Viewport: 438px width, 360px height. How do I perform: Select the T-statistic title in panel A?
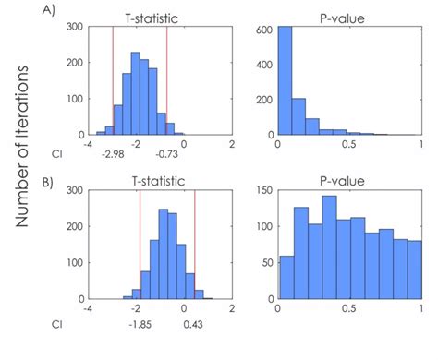pyautogui.click(x=149, y=17)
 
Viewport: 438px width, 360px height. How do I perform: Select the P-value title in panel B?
pyautogui.click(x=348, y=182)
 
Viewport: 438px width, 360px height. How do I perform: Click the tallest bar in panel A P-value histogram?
pyautogui.click(x=286, y=83)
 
